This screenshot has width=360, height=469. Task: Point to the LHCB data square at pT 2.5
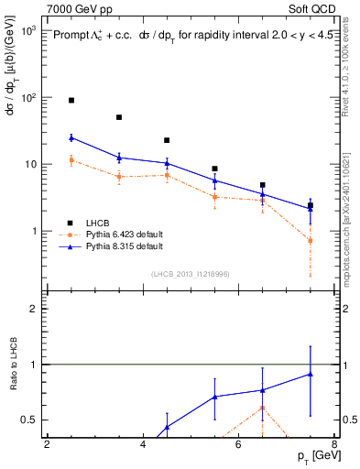pos(71,100)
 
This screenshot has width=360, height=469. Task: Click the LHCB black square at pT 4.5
pos(167,140)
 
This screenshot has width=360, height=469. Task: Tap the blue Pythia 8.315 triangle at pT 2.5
pos(71,137)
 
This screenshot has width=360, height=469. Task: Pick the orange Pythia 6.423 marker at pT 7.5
pos(310,241)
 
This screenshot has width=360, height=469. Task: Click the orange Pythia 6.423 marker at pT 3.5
pos(119,176)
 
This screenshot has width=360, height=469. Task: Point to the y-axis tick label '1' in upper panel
pos(33,231)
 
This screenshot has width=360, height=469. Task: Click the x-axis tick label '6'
pos(238,444)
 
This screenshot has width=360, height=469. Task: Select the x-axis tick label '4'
pos(143,444)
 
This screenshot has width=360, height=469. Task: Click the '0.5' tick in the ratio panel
pos(27,420)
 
